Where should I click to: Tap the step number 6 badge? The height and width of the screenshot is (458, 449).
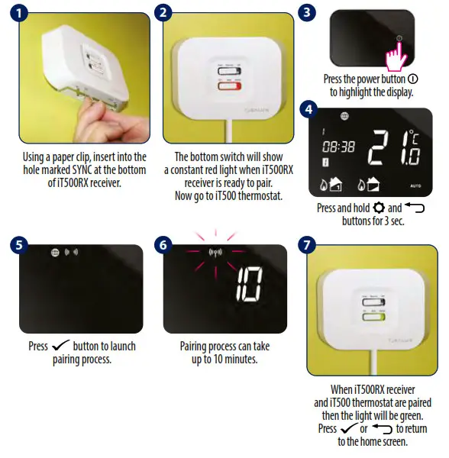165,246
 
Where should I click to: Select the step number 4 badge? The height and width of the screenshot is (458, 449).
308,108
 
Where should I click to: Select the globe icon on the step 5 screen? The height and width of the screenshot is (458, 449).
55,253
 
